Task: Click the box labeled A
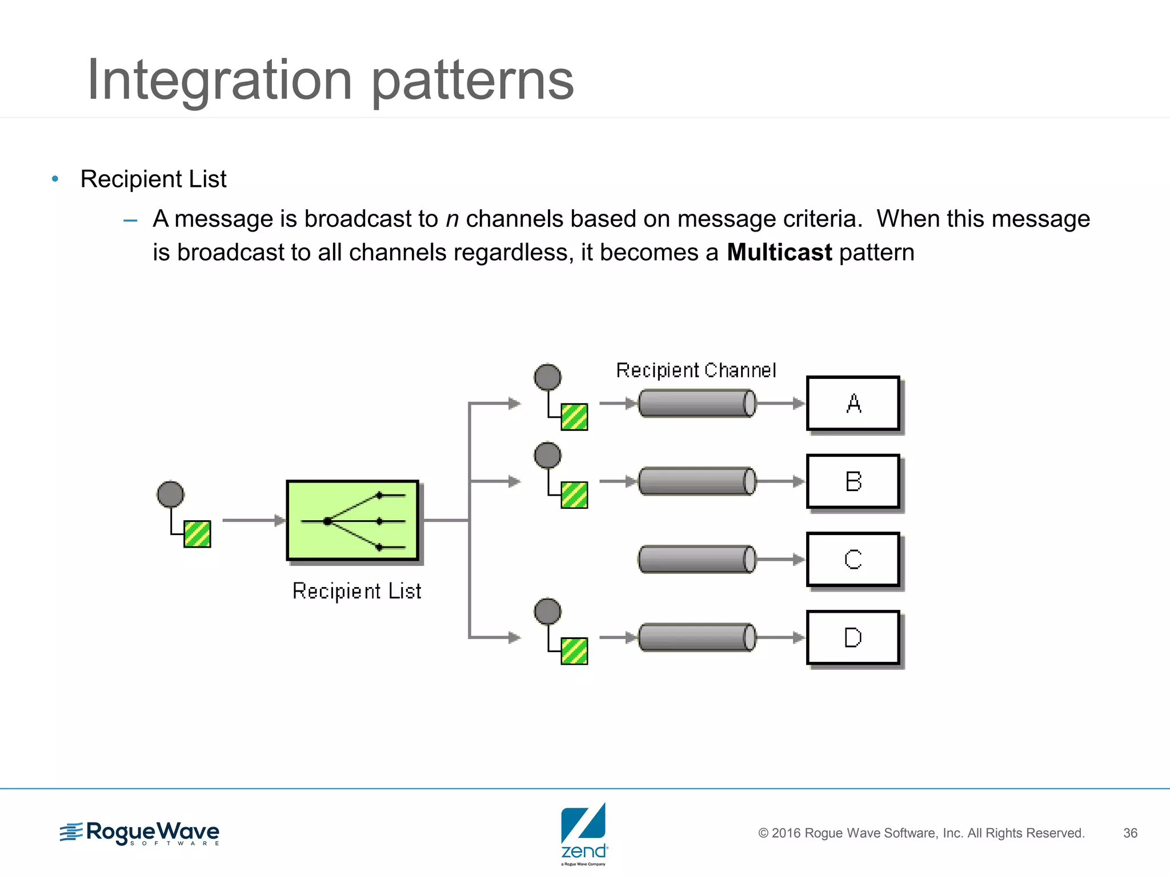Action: [853, 404]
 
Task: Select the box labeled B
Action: [853, 481]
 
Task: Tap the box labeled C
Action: [853, 560]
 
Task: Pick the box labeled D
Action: [853, 637]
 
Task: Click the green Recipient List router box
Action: [352, 521]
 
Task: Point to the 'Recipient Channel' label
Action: [696, 370]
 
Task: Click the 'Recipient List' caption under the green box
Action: [357, 591]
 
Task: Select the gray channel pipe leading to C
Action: [696, 559]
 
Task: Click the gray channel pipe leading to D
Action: [696, 637]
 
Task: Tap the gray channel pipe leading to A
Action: [696, 404]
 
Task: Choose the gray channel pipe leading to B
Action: [696, 481]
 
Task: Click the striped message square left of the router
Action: [197, 534]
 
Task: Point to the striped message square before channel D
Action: [574, 651]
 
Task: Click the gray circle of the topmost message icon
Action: [547, 377]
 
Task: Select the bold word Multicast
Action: [779, 253]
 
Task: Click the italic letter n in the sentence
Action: [452, 219]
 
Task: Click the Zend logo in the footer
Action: [584, 833]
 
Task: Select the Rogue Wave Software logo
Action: [140, 833]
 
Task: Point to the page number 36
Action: [1130, 833]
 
